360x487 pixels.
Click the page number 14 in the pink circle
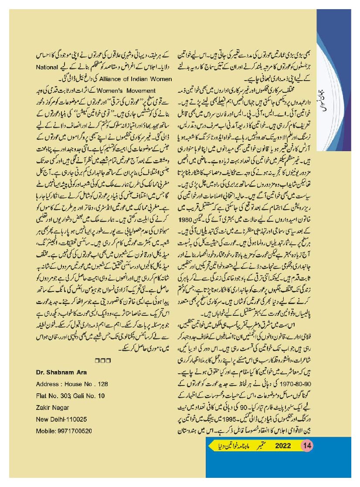pos(306,446)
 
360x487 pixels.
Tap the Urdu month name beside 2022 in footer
pos(260,446)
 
